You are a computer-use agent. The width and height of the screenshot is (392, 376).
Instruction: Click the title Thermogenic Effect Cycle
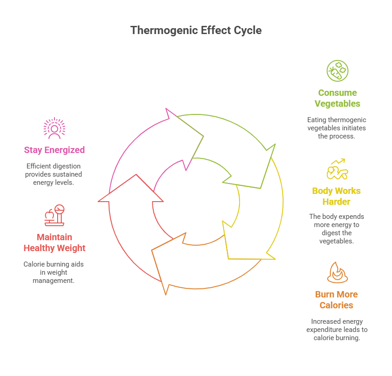coord(196,30)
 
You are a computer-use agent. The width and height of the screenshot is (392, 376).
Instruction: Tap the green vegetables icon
coord(337,71)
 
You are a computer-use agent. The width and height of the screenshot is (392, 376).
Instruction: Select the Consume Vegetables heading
coord(337,98)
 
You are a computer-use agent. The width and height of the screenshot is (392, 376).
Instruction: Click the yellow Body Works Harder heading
coord(336,196)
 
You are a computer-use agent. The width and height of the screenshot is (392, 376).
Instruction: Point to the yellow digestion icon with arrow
coord(337,169)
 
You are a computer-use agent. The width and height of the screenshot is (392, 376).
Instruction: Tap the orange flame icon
coord(337,272)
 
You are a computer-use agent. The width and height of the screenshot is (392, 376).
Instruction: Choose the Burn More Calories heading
coord(336,300)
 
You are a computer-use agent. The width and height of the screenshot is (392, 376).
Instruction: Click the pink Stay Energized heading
coord(54,150)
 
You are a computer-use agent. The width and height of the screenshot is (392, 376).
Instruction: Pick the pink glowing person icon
coord(54,128)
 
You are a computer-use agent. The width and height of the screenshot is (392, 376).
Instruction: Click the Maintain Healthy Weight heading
coord(54,242)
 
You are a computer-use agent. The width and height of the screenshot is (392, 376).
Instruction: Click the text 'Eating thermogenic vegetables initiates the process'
coord(336,128)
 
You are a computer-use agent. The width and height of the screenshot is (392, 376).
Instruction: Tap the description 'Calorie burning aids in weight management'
coord(54,272)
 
